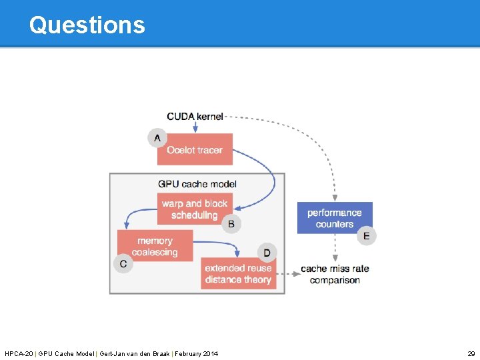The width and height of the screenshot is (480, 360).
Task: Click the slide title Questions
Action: click(87, 25)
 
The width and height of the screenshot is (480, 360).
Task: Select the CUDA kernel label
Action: click(195, 117)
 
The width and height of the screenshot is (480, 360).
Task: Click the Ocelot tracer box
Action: click(195, 149)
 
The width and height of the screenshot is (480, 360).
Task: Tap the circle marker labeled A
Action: click(157, 138)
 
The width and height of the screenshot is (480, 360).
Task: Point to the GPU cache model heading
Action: click(197, 183)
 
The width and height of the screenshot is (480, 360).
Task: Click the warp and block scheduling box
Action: click(195, 209)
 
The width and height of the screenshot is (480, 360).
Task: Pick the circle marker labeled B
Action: click(231, 224)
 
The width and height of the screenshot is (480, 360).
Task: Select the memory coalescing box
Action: click(155, 246)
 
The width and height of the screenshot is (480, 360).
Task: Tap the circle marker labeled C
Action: click(123, 264)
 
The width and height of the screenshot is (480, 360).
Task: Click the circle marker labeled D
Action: click(267, 253)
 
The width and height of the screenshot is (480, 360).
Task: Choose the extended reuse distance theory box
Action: click(238, 274)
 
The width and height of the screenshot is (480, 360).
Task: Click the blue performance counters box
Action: click(335, 218)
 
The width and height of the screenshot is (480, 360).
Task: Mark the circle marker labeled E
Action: click(367, 235)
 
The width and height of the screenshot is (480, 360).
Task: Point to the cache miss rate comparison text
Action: click(335, 274)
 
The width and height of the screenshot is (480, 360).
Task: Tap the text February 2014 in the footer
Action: click(196, 353)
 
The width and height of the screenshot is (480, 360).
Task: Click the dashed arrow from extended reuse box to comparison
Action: click(288, 273)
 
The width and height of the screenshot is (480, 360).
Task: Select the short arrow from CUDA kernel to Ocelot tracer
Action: click(195, 127)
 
